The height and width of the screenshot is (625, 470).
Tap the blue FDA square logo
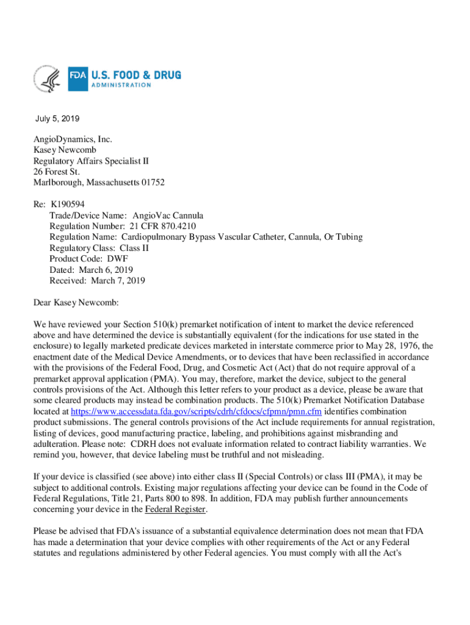(78, 79)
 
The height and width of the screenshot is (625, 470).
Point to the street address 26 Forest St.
(57, 172)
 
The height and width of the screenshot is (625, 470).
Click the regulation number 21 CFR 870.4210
(168, 226)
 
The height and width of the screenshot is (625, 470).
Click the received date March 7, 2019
(118, 281)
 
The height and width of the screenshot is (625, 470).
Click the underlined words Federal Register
(176, 510)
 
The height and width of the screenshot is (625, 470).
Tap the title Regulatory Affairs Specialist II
(91, 161)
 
